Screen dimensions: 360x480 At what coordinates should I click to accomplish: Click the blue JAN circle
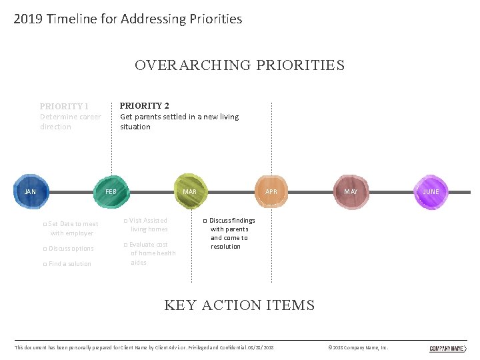30,191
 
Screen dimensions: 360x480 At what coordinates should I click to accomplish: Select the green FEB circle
111,192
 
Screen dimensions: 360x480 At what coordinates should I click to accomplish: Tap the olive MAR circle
190,192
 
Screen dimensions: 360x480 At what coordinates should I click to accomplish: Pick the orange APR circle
271,192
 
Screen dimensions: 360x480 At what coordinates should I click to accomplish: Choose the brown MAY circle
351,192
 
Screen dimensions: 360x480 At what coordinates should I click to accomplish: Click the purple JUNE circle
431,191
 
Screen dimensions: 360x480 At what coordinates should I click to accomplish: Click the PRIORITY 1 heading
64,106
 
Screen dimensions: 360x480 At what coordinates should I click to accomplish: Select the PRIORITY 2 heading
144,105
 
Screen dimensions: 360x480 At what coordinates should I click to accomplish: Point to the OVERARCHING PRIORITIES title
239,65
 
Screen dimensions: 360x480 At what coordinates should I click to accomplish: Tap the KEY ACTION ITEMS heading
239,305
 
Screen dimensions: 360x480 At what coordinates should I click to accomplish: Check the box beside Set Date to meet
45,225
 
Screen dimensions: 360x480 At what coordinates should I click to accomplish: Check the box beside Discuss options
45,249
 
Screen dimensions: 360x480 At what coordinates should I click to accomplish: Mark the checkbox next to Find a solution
45,264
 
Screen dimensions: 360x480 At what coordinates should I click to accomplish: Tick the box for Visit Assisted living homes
125,221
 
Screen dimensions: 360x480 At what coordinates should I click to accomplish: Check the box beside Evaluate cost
125,245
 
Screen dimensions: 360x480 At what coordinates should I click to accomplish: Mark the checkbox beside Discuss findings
205,221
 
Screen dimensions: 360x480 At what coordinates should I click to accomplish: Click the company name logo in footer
447,348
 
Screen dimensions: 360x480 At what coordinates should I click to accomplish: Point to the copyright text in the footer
359,348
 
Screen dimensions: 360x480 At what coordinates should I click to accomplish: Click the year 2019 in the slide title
27,19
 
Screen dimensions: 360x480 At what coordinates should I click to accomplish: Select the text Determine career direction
70,121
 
